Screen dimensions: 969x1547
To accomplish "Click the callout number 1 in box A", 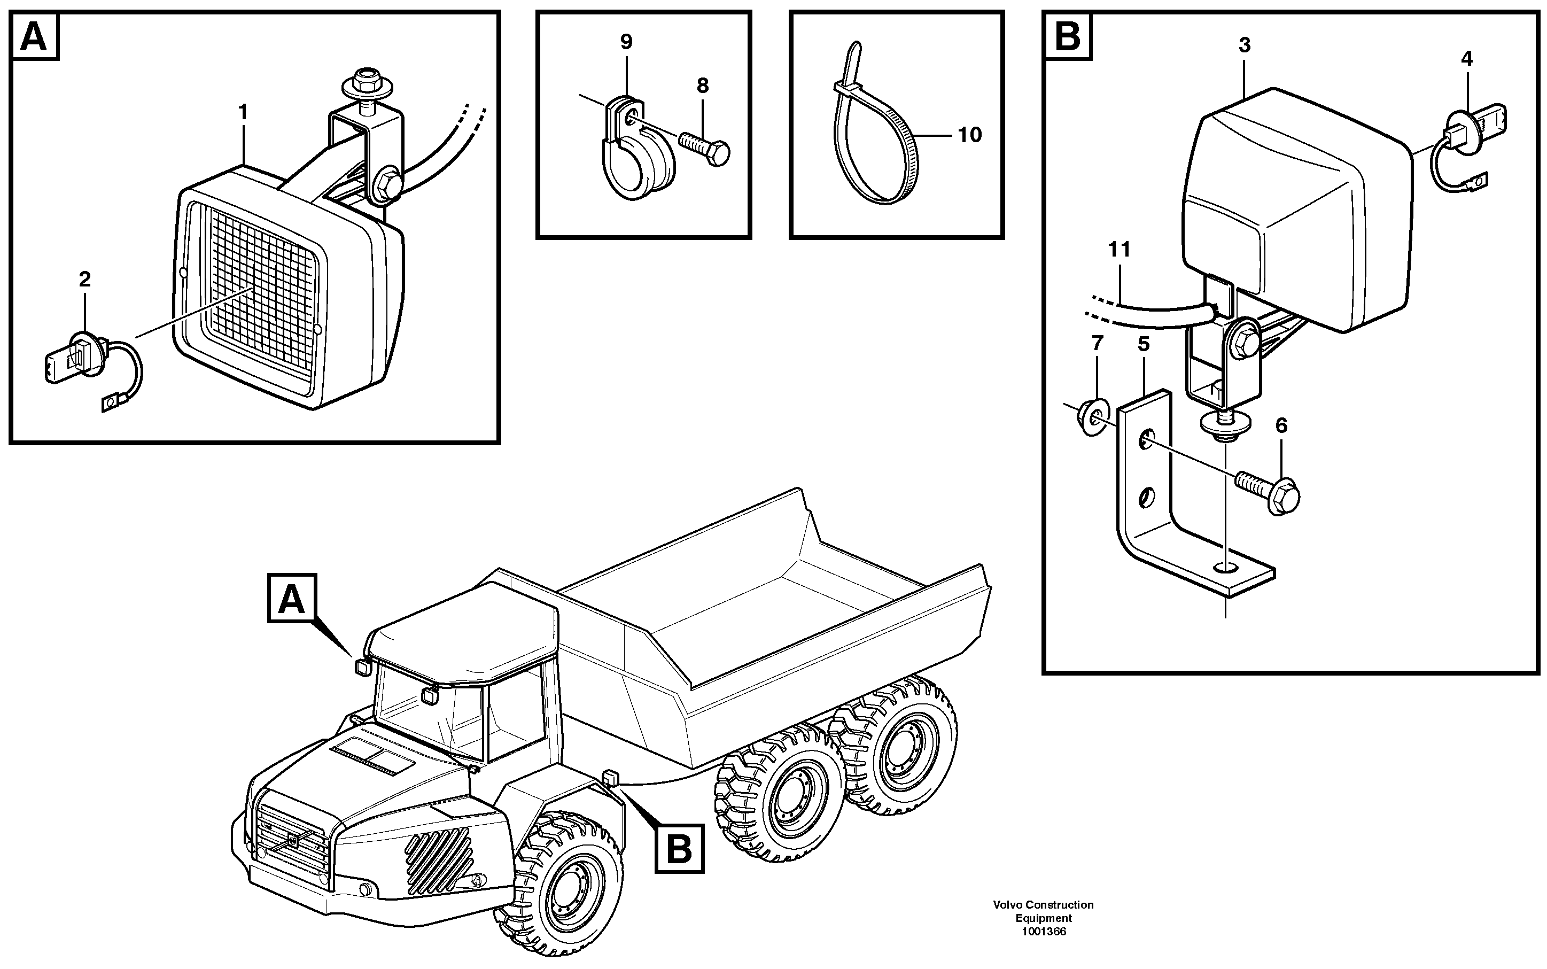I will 243,113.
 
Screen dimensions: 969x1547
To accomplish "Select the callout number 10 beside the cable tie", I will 969,135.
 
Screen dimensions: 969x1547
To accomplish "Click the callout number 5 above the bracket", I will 1144,345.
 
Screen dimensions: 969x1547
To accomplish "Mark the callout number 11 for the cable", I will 1119,249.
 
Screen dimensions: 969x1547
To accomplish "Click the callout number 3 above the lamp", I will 1244,45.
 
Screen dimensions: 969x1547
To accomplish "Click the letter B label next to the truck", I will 679,849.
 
